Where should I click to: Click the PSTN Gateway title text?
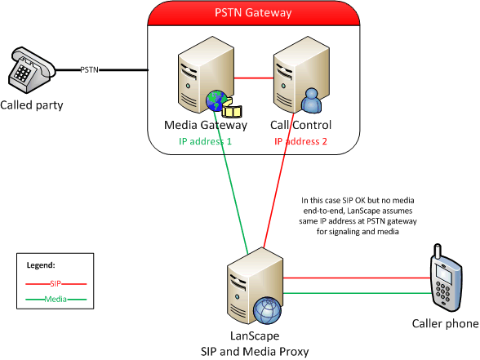tap(253, 13)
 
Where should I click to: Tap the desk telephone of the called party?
tap(31, 70)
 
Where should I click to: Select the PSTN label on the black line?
tap(90, 70)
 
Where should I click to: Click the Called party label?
tap(32, 105)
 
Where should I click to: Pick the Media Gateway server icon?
tap(206, 75)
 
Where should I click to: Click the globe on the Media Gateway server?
tap(217, 100)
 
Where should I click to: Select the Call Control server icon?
tap(301, 74)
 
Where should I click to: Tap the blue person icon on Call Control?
tap(311, 100)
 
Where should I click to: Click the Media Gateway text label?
tap(206, 125)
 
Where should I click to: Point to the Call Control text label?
tap(300, 125)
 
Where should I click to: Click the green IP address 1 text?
tap(206, 141)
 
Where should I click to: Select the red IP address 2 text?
tap(300, 141)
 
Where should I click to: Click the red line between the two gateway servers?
tap(254, 78)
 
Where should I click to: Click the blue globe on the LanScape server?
tap(267, 310)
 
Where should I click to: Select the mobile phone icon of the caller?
tap(447, 278)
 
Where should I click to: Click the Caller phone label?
tap(446, 323)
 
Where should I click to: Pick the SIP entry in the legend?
tap(56, 284)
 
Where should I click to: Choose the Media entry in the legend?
tap(56, 299)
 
